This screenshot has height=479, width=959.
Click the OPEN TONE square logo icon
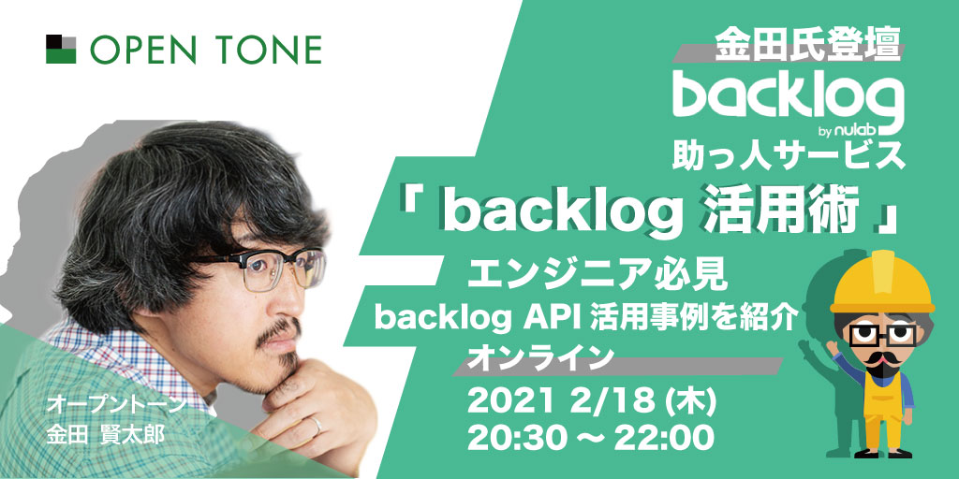[61, 50]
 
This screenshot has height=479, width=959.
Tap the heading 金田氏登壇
[808, 45]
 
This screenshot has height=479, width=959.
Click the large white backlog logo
[789, 97]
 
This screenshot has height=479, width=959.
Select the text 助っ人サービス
[789, 156]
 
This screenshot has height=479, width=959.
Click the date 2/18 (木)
[643, 403]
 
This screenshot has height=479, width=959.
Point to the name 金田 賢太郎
[103, 432]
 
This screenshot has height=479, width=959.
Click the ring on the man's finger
[317, 426]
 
